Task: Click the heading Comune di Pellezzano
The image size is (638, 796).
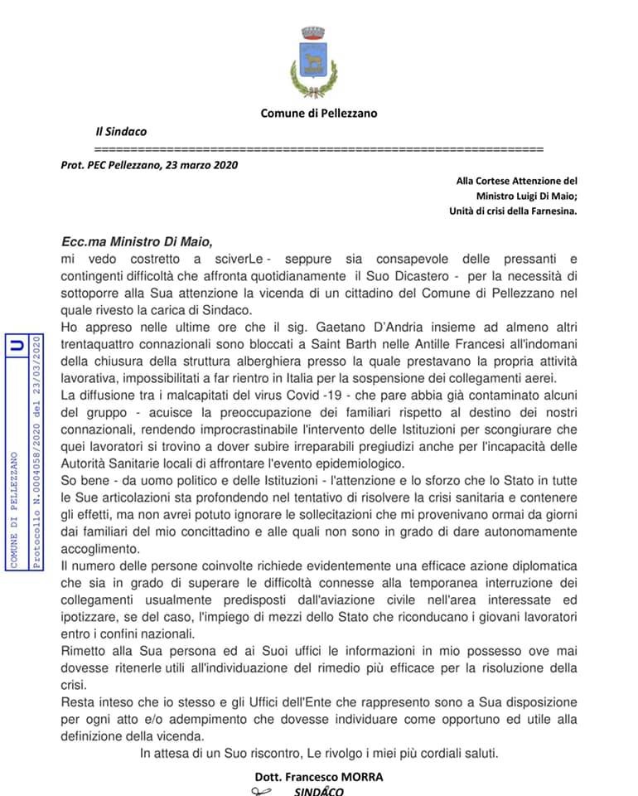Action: coord(318,114)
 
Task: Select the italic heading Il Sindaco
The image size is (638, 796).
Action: coord(121,132)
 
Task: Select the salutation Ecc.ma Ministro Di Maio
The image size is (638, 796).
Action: coord(137,242)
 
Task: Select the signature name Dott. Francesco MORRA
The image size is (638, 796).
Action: coord(320,777)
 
